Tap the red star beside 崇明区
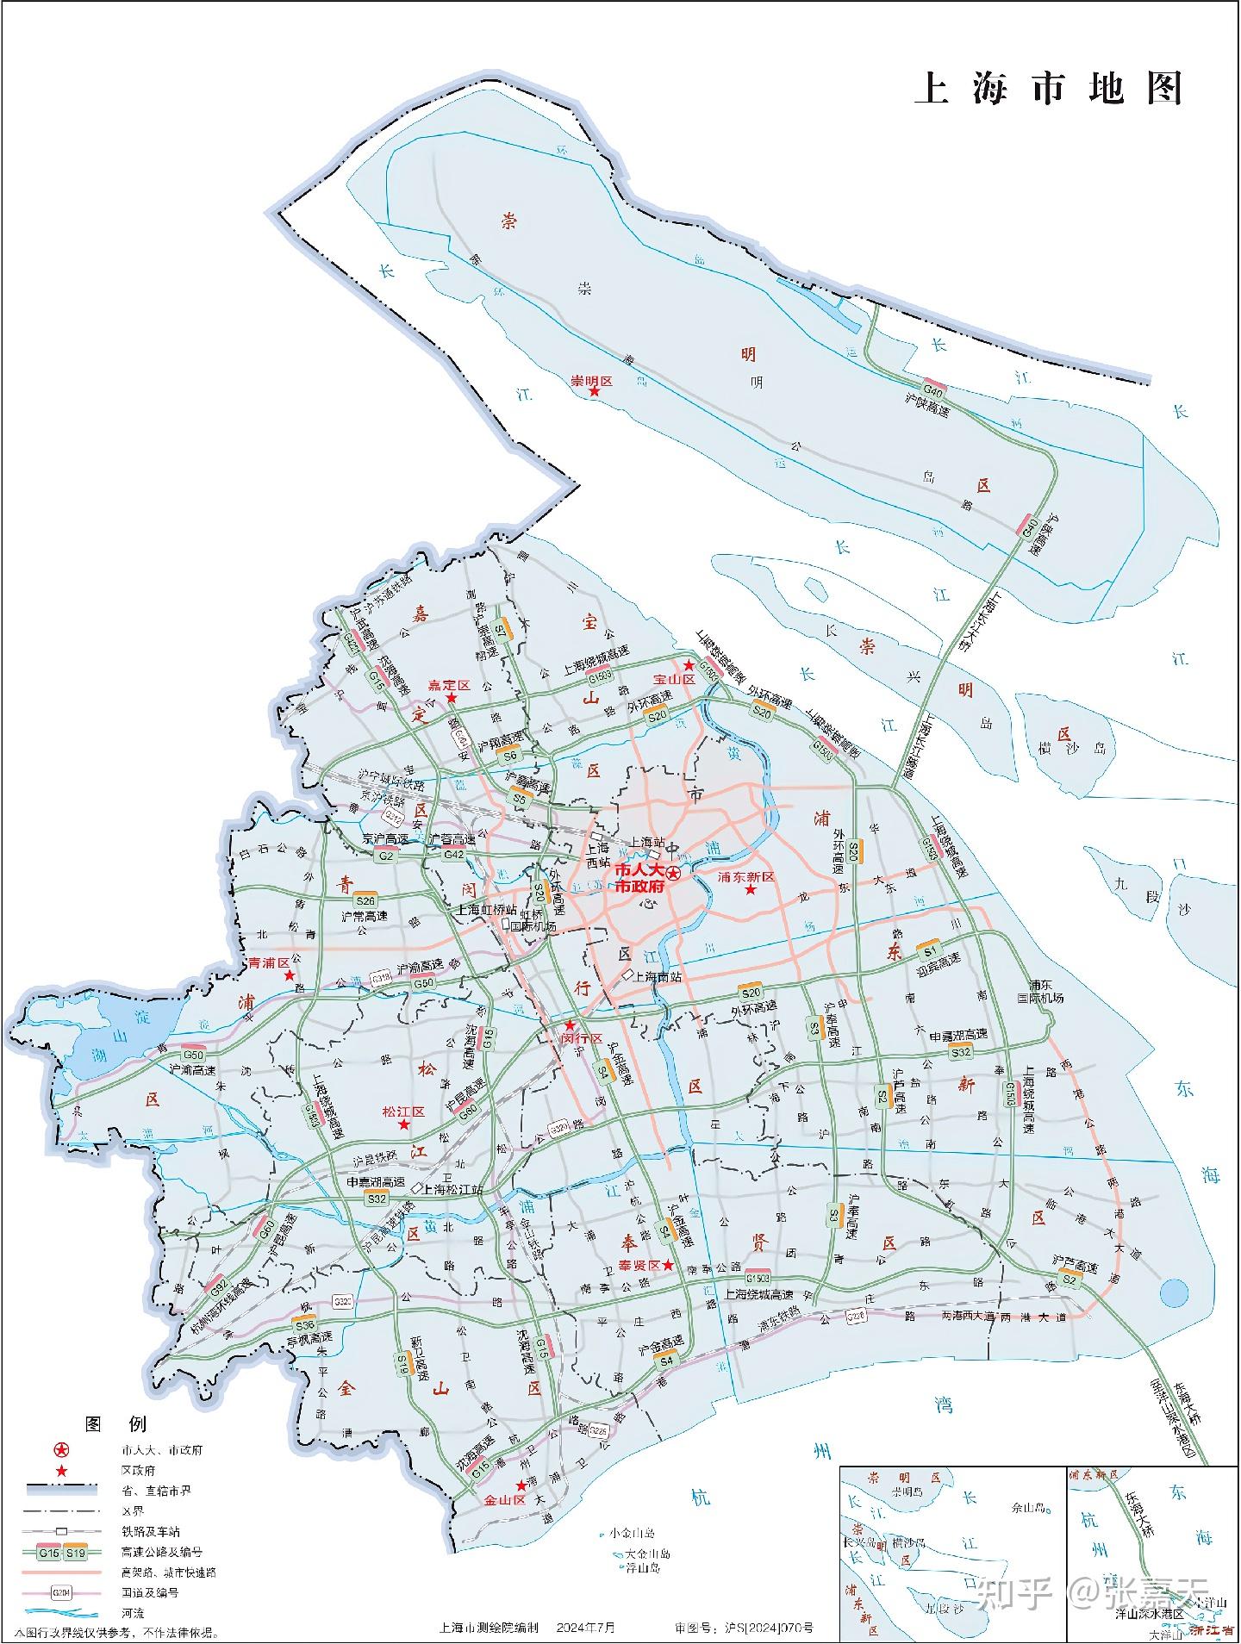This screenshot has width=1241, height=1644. pos(594,392)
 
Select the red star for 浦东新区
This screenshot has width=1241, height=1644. pos(751,888)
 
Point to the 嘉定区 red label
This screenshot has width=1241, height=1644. pos(449,685)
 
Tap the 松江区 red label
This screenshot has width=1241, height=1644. pos(403,1112)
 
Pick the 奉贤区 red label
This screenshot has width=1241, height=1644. pos(639,1265)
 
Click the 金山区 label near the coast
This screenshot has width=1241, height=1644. pos(504,1499)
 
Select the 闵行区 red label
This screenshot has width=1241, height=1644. pos(583,1040)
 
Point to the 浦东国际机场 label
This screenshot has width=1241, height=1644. pos(1046,991)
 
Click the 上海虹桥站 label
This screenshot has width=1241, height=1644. pos(486,909)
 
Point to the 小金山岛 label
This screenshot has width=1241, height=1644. pos(632,1533)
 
